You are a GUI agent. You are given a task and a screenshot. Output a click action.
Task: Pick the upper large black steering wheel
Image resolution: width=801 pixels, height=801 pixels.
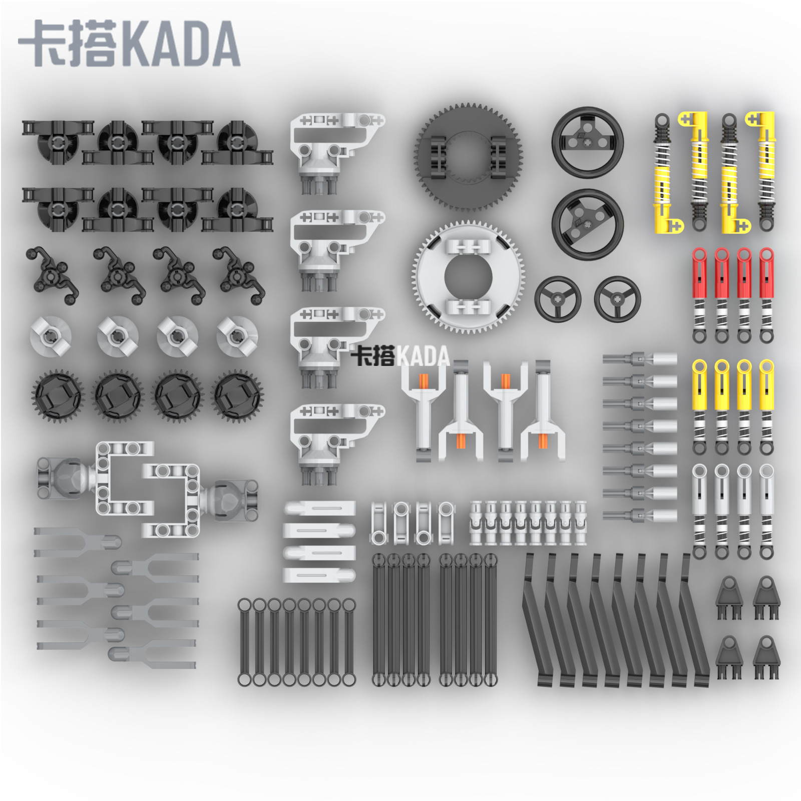(588, 142)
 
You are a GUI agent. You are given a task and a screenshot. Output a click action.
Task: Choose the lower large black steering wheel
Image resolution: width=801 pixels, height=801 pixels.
(588, 224)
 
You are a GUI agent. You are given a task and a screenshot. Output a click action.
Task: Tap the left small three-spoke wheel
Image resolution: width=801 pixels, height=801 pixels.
(558, 299)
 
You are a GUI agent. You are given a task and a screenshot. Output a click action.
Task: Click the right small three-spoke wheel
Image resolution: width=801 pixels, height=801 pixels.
(617, 299)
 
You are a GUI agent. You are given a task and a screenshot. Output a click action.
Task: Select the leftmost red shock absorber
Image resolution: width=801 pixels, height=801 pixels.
(699, 295)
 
